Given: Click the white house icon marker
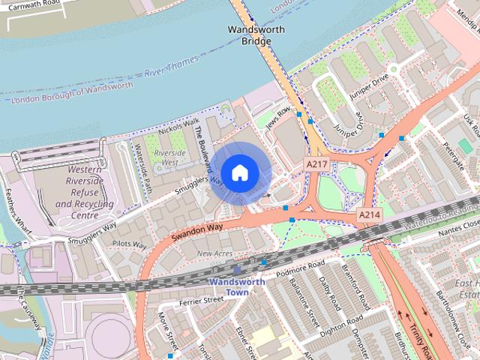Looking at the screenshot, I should pos(239,173).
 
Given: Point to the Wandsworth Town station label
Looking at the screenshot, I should pos(237,286).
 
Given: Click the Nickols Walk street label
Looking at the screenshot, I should pos(179,126).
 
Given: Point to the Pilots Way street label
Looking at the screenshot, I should pos(128,244).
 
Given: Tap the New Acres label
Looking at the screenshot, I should pos(215,254).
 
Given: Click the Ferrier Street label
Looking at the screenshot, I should pos(202,300).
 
